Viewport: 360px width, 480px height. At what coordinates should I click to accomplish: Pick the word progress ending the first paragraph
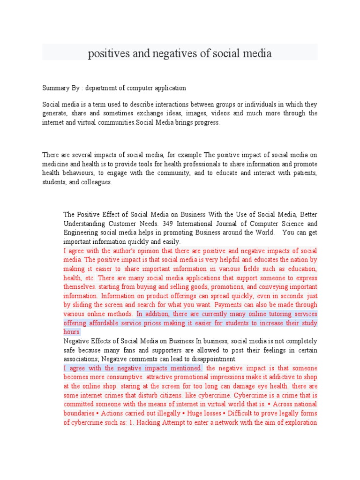[207, 122]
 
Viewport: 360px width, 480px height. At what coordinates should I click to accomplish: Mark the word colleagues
[96, 182]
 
